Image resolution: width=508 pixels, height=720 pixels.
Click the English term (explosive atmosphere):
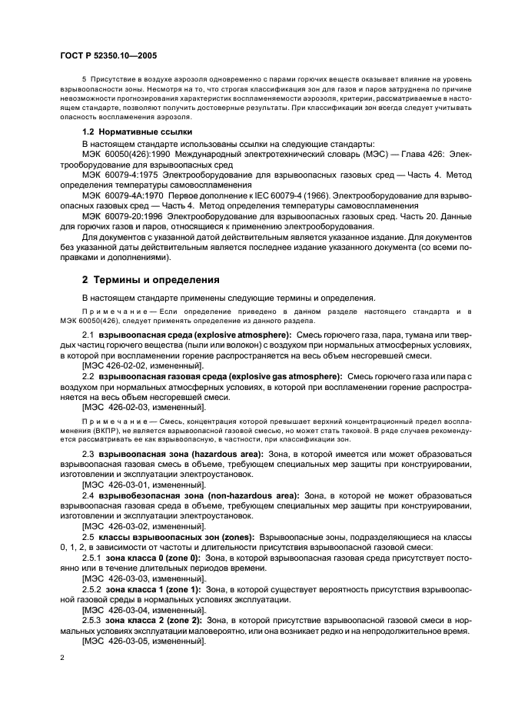(x=247, y=336)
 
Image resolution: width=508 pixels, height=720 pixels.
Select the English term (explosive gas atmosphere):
(x=284, y=376)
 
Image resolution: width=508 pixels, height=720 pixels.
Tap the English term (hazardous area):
(x=221, y=456)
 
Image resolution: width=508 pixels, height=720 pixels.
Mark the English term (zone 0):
(x=178, y=556)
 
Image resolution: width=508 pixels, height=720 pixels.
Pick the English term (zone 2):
(x=178, y=620)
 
